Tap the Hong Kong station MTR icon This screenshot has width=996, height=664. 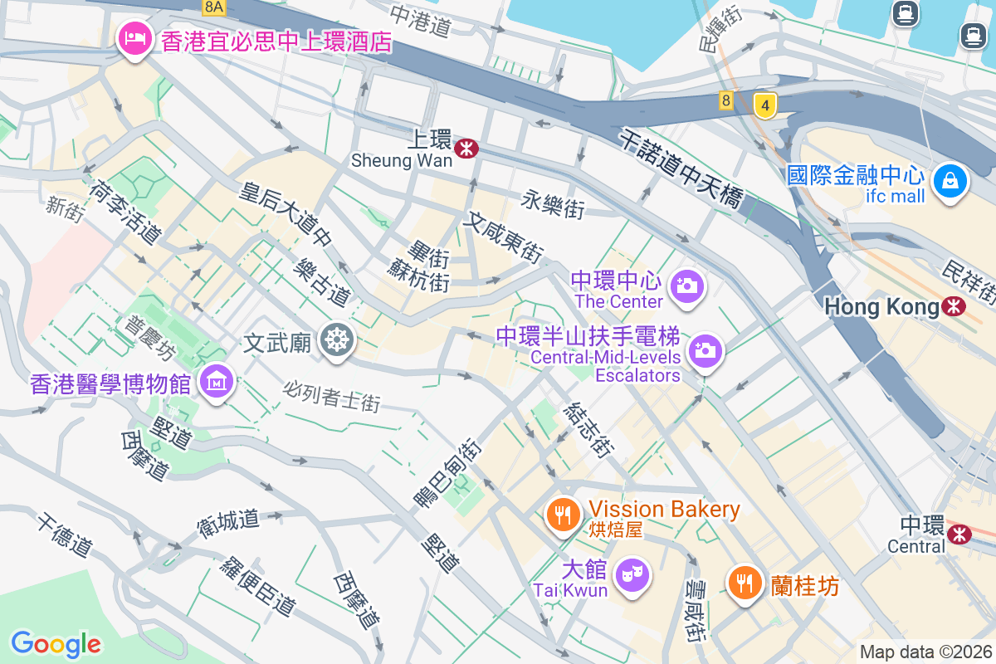[x=954, y=307]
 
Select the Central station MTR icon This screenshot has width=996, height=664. [x=959, y=534]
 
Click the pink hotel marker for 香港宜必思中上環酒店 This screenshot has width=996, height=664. [x=133, y=37]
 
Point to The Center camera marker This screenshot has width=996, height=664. [x=687, y=286]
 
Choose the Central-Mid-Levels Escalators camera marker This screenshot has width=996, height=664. [x=705, y=350]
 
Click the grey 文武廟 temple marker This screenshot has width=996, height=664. [x=336, y=340]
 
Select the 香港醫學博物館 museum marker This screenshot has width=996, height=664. [x=217, y=383]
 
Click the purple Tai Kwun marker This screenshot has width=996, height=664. [x=632, y=575]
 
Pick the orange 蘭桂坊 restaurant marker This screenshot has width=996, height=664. [x=745, y=583]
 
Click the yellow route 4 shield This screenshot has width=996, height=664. [x=765, y=105]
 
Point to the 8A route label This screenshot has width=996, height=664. [x=213, y=7]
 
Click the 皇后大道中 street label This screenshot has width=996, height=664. [x=285, y=214]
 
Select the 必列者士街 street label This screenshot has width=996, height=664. [x=331, y=396]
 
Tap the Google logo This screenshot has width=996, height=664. [x=56, y=643]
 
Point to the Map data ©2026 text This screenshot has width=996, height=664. [x=925, y=652]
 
